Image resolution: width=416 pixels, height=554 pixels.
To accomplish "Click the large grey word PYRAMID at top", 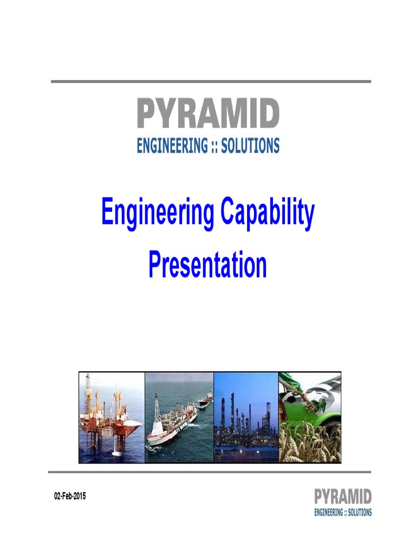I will coord(208,114).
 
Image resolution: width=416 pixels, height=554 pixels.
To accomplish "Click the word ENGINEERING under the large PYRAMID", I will coord(172,146).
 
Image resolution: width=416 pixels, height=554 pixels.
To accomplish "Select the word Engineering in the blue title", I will coord(157,214).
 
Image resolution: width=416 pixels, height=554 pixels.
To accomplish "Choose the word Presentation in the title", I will coord(208,265).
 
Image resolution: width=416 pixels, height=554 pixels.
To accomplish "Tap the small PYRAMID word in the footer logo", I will coord(343,497).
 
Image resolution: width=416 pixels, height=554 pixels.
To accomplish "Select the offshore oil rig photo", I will coord(112,417).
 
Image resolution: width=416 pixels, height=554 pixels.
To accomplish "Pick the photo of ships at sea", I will coord(179,417).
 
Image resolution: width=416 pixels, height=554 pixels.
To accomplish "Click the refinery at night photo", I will coord(246,417).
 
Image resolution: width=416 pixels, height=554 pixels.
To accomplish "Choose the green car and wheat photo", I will coord(309,417).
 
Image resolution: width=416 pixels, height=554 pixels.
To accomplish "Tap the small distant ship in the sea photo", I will coord(205,400).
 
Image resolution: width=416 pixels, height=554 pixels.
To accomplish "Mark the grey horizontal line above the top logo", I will coord(211,82).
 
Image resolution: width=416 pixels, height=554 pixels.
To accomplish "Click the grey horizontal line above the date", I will coord(211,472).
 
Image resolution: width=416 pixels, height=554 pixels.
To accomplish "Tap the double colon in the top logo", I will coord(215,146).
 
